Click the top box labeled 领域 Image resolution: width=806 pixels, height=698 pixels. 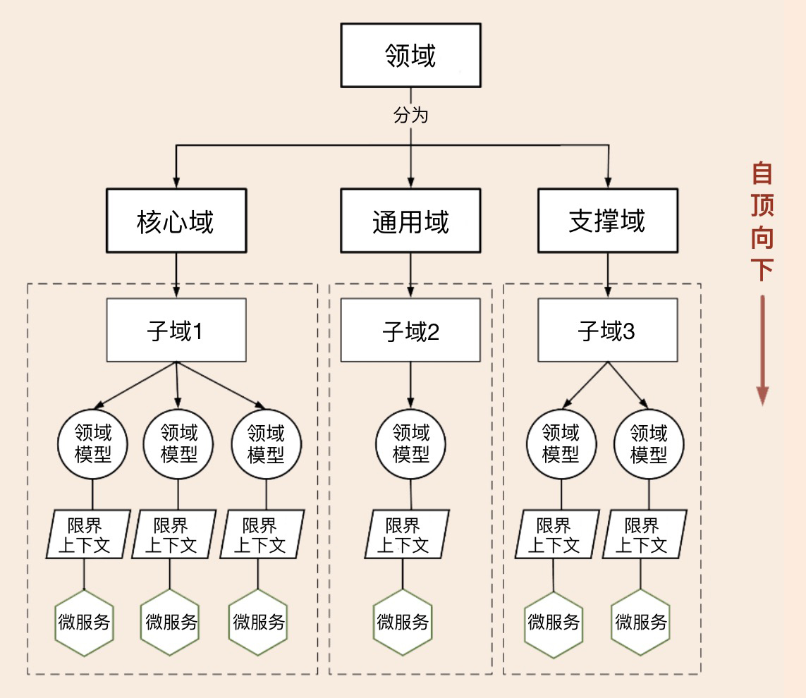click(x=410, y=55)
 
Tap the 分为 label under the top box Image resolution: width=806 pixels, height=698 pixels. click(x=410, y=115)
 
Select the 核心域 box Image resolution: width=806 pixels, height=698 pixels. click(x=176, y=221)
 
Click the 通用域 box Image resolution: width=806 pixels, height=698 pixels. click(x=410, y=221)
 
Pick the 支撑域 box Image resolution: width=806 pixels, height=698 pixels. click(x=607, y=221)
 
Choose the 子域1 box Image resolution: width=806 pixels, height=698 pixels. click(x=176, y=330)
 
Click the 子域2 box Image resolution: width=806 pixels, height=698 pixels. click(x=410, y=330)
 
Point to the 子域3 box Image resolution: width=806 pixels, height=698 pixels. click(x=607, y=330)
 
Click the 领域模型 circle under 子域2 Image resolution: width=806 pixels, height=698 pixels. click(x=410, y=442)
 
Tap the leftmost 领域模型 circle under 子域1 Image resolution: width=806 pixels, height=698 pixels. click(x=92, y=442)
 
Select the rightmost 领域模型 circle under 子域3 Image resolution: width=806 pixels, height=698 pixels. click(x=649, y=442)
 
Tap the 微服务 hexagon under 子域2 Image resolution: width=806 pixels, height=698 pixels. click(x=403, y=622)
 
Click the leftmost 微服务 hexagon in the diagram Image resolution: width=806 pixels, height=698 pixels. click(x=85, y=622)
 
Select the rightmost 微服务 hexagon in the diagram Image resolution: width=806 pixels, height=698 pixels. click(x=640, y=622)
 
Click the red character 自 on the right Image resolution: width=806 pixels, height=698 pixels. click(x=762, y=173)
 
